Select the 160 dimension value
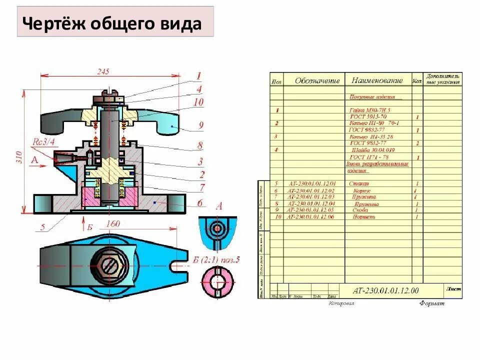[x=112, y=224]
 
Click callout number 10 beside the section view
[x=198, y=102]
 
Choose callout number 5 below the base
[x=42, y=227]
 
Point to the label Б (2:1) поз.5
[x=217, y=259]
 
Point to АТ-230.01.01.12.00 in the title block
[x=385, y=290]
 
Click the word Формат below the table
[x=431, y=303]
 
